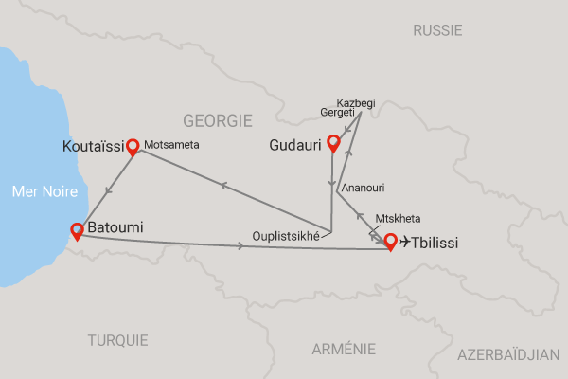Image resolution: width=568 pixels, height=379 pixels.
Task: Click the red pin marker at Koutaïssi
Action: (x=133, y=146)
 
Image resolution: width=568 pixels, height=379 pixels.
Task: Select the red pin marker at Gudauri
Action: (x=332, y=143)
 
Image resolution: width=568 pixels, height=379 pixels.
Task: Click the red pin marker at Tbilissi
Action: (x=390, y=241)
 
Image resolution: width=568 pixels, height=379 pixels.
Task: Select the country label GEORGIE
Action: (x=218, y=121)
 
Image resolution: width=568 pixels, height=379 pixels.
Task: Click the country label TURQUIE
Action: (x=118, y=340)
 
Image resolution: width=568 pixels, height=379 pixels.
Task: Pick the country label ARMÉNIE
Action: (x=345, y=350)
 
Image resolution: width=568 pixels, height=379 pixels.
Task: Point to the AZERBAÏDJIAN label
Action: (x=508, y=354)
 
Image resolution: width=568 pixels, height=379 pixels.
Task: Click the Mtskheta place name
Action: (x=398, y=218)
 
